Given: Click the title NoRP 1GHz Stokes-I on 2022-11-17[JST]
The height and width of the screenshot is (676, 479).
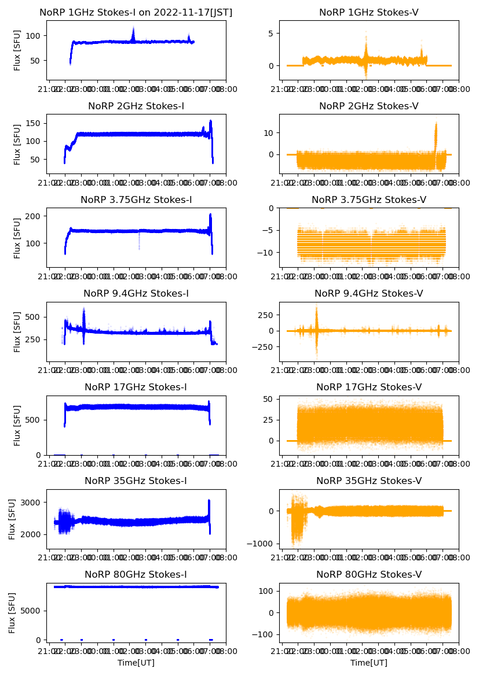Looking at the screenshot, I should pos(136,12).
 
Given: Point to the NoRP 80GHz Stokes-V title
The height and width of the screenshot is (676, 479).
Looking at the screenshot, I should pos(368,574).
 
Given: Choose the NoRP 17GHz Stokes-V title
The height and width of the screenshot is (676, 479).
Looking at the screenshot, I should pos(368,387).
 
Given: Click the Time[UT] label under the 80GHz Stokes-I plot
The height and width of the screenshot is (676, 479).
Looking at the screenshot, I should pos(136,662).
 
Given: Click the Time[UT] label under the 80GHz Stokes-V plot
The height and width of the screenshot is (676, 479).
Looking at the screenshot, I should pos(368,662).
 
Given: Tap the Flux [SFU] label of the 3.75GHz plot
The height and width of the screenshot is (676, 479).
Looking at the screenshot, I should pos(17,238).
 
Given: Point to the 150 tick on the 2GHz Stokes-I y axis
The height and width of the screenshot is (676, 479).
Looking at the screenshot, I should pos(33,123).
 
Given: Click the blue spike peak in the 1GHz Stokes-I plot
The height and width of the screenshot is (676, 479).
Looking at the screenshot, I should pos(133,27).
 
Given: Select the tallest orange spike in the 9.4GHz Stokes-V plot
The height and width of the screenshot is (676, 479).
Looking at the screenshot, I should pos(316,305).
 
